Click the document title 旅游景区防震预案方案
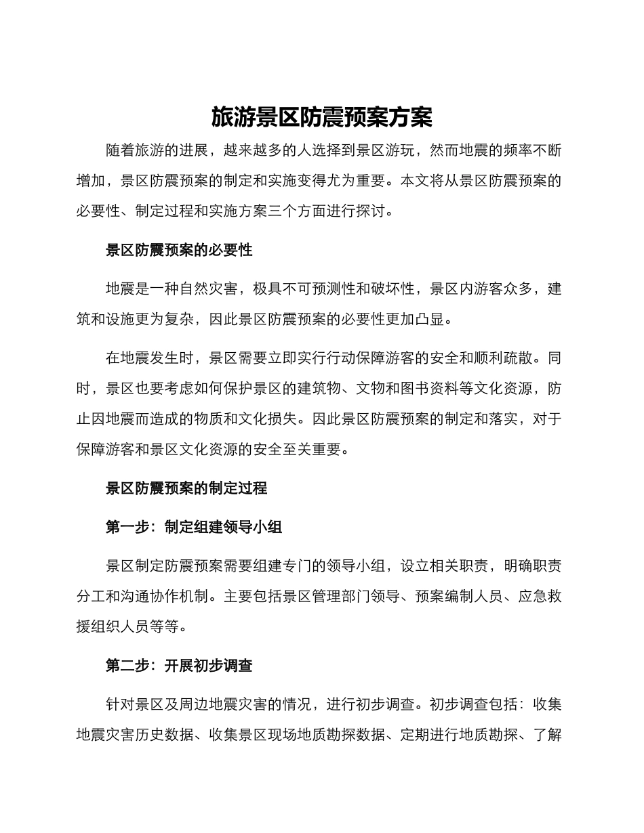(x=321, y=117)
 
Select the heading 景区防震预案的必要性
(x=179, y=250)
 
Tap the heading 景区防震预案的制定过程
(x=186, y=488)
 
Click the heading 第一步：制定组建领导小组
(x=194, y=527)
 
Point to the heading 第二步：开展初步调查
(x=179, y=665)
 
